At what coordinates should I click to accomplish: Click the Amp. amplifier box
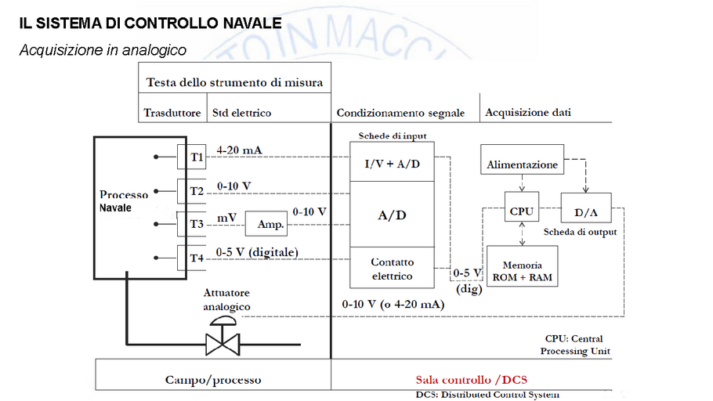266,224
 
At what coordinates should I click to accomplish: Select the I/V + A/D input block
391,164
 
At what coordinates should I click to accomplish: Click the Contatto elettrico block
391,269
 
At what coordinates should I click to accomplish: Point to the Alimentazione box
523,164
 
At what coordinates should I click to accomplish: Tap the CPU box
521,211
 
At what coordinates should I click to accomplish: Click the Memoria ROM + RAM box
522,271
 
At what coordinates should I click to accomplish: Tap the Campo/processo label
213,380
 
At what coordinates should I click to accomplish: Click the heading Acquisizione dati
528,112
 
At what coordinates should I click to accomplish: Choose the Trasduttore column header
172,113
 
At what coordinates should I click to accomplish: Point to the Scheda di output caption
580,232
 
